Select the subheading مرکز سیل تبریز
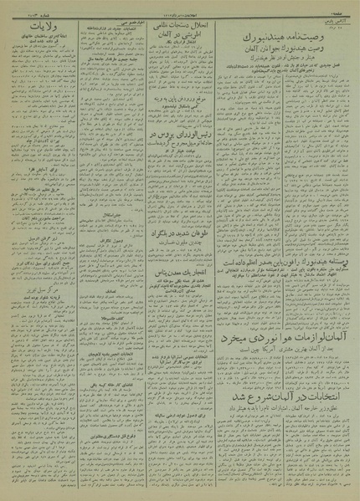click(x=47, y=277)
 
